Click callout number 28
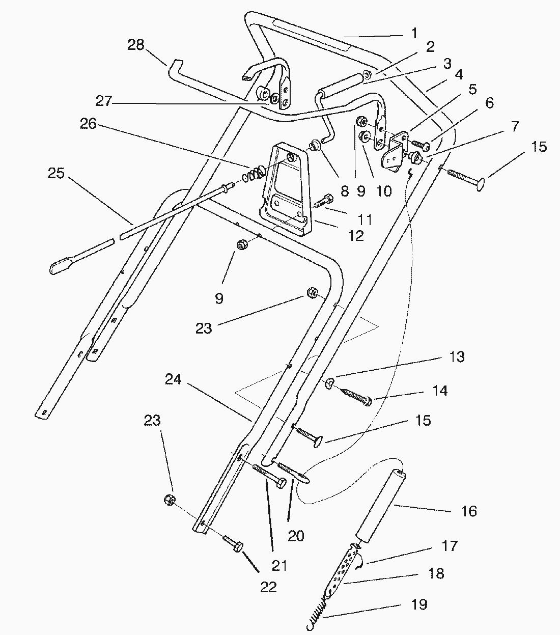pos(136,45)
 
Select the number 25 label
pos(56,174)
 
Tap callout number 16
pos(469,511)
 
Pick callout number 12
pos(356,236)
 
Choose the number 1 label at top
pos(414,34)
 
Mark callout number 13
pos(457,357)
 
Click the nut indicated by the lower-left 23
pos(170,500)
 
